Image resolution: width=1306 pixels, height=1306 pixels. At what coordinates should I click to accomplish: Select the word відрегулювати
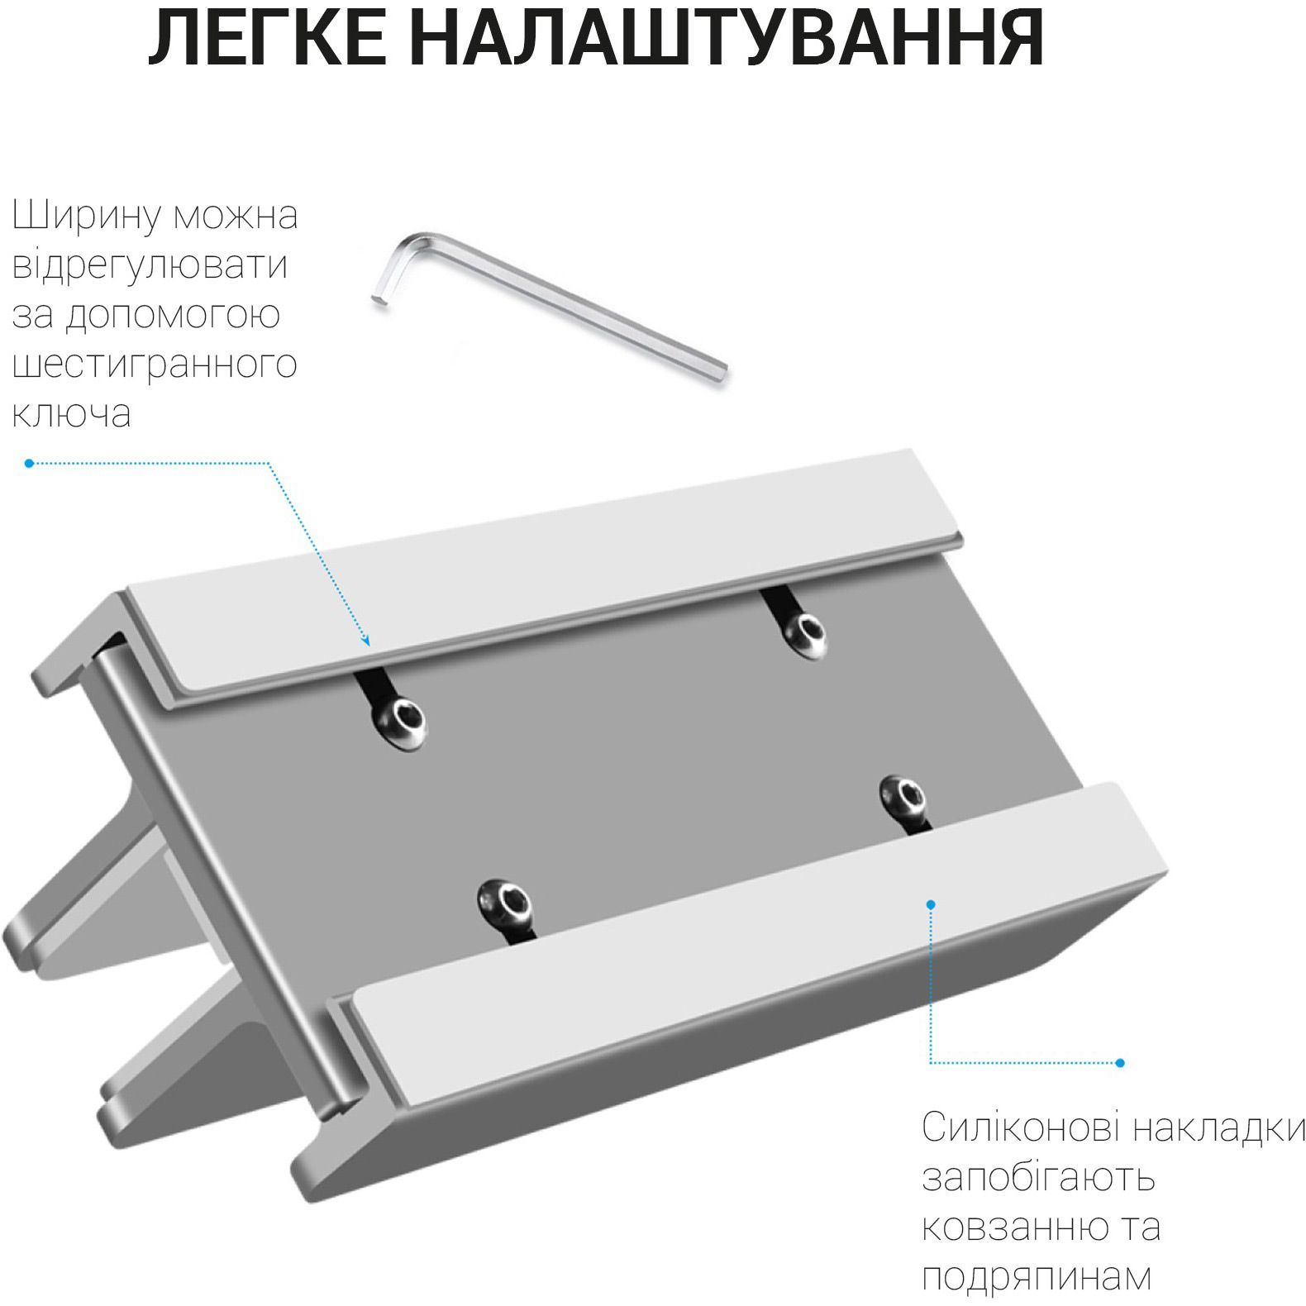[150, 265]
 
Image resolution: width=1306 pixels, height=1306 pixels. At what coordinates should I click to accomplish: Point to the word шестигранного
[155, 365]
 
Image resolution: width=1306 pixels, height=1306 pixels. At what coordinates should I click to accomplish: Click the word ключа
[72, 412]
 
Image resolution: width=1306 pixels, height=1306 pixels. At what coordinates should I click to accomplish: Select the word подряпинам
[1037, 1277]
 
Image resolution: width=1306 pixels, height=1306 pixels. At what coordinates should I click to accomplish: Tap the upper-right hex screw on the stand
[805, 635]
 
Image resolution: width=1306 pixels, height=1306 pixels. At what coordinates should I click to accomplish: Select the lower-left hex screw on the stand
[503, 902]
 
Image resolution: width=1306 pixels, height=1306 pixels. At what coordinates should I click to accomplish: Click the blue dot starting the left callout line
[29, 464]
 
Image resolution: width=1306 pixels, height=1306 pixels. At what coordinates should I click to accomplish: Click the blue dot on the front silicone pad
[931, 905]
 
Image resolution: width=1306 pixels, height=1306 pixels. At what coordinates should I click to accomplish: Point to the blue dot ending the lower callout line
[1120, 1063]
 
